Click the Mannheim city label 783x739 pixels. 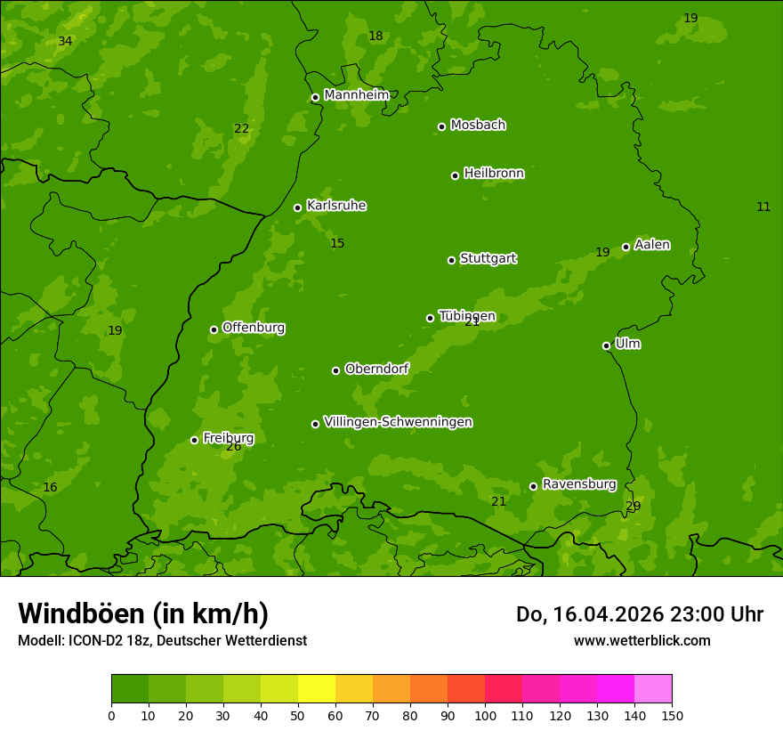356,95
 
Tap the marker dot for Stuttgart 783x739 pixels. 451,260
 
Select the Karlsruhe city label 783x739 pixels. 335,206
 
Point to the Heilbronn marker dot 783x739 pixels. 455,175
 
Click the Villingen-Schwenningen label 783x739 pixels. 398,422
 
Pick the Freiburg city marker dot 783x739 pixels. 194,440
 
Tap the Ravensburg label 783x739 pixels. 578,484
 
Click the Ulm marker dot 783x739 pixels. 606,345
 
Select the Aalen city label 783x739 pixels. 651,245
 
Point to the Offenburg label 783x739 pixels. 253,328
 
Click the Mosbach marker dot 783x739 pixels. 441,126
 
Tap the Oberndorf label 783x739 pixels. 376,369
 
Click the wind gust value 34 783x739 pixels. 65,42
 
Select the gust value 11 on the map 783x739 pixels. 763,207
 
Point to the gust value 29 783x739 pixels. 633,507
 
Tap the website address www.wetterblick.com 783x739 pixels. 642,640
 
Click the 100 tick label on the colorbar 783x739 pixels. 485,715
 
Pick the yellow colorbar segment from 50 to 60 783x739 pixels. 317,689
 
